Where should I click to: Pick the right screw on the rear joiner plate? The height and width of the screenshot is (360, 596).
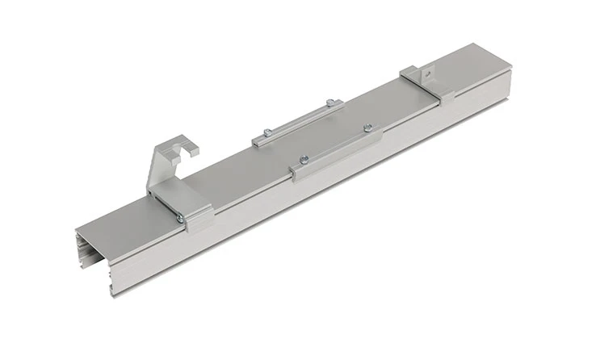pos(329,102)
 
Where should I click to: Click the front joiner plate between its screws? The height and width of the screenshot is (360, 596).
pos(336,145)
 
